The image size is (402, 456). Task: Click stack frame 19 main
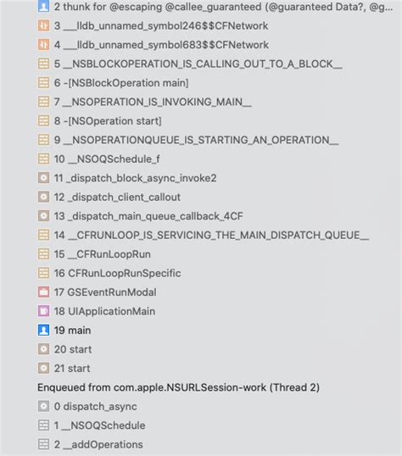click(x=72, y=331)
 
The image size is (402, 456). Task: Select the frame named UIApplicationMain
click(x=104, y=311)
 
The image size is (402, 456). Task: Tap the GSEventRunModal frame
click(x=105, y=292)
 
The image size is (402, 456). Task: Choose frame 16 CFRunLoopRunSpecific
click(x=117, y=274)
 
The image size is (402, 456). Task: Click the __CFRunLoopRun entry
click(x=102, y=254)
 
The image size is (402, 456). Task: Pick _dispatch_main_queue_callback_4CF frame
click(x=148, y=216)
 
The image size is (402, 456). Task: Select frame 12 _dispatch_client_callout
click(x=117, y=197)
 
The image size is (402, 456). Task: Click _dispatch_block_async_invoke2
click(x=135, y=178)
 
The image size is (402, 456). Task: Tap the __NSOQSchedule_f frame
click(x=107, y=159)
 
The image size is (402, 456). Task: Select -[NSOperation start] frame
click(x=108, y=121)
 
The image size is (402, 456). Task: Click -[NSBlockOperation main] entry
click(x=121, y=83)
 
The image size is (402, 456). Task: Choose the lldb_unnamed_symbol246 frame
click(x=161, y=26)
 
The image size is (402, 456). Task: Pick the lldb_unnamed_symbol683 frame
click(x=161, y=45)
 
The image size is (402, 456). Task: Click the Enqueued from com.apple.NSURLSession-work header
click(x=178, y=387)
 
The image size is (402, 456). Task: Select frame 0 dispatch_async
click(x=96, y=407)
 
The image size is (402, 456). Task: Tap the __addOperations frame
click(x=98, y=445)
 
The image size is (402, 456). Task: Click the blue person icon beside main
click(x=43, y=331)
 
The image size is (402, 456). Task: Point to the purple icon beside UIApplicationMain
click(x=43, y=311)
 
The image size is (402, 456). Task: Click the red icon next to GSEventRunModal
click(x=43, y=292)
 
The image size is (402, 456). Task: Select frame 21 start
click(x=72, y=369)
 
